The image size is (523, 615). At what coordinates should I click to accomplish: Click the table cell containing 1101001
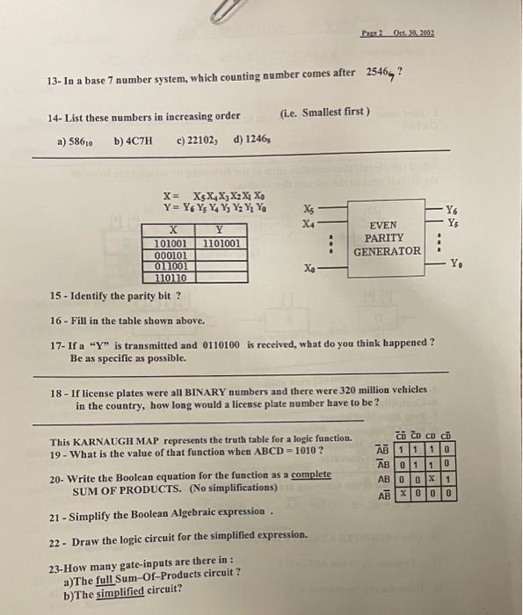pos(222,244)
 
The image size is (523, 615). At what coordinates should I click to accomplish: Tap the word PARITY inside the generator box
pos(384,238)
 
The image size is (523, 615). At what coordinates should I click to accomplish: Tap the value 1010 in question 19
pos(299,452)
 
